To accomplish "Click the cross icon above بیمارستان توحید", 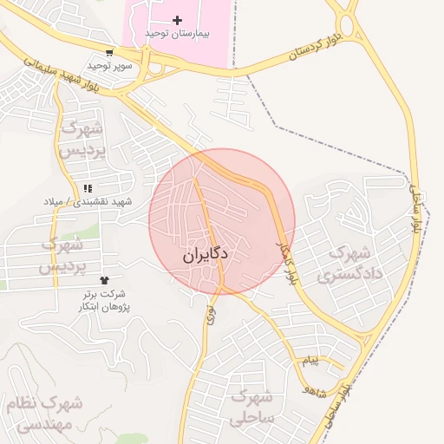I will point(178,20).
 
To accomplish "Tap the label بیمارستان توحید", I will point(178,33).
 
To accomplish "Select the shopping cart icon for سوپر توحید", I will point(108,53).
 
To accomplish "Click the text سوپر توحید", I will point(108,65).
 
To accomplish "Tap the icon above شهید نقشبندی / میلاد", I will point(88,188).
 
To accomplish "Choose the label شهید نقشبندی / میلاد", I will point(88,201).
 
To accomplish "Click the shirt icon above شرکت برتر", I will point(105,281).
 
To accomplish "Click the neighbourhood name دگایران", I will point(206,257).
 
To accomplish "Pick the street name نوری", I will point(210,313).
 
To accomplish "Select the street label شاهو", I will point(313,391).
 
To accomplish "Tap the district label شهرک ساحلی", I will point(251,408).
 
